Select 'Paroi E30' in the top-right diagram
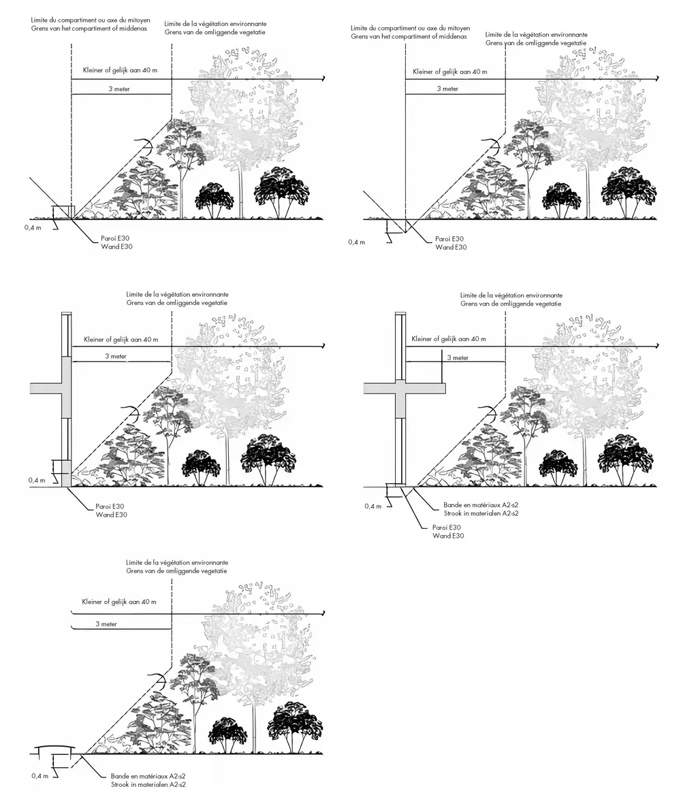(x=450, y=239)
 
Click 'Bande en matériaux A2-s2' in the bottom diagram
(x=148, y=776)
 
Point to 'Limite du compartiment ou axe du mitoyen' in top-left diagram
(x=91, y=21)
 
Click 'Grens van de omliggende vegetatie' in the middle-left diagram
(x=176, y=302)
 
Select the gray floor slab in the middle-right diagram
(x=404, y=388)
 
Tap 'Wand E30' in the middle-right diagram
(x=448, y=536)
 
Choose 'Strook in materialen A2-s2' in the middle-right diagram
(x=480, y=513)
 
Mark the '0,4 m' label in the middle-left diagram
(x=37, y=480)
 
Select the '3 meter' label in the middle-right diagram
(x=458, y=358)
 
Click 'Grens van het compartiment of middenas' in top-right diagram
(x=409, y=36)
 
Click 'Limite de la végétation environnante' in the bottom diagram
(x=176, y=563)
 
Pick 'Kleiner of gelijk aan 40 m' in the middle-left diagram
(x=120, y=339)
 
